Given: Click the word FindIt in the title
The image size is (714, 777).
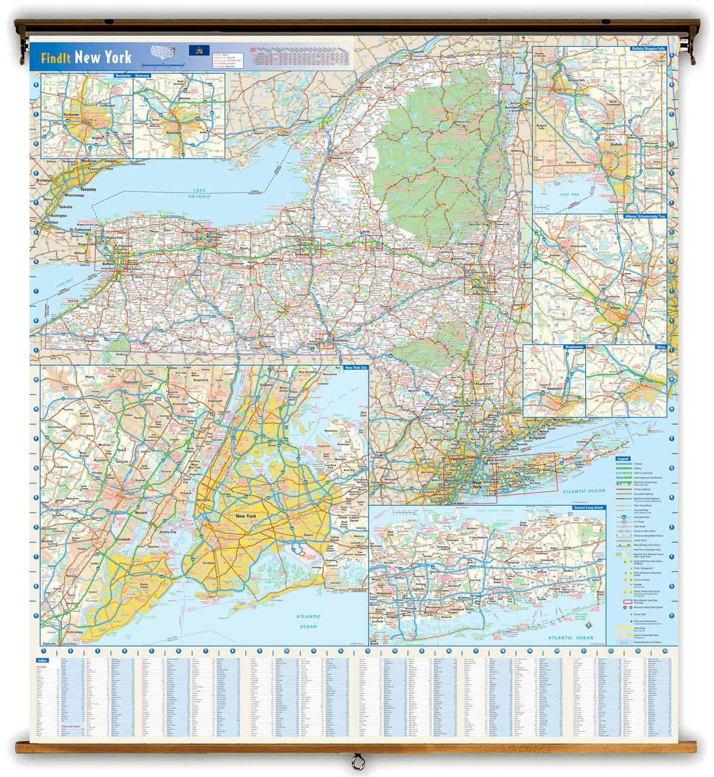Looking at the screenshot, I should point(56,58).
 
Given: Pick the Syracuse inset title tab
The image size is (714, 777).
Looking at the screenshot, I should point(142,76).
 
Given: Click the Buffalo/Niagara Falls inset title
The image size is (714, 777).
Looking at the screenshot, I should point(648,48).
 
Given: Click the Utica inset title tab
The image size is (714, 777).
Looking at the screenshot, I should point(661,347).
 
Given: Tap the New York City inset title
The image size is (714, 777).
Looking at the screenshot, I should point(355,367).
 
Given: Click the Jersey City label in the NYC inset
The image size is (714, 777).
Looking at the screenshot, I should point(168,532).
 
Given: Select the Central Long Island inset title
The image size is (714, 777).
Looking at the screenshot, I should point(585,507).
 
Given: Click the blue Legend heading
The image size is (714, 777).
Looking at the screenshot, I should point(623,459).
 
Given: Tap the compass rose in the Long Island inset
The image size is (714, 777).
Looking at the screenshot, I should point(588,625).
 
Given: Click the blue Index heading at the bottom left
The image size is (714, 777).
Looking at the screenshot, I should point(42,660).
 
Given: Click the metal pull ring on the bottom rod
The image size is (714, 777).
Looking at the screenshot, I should point(356,760).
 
